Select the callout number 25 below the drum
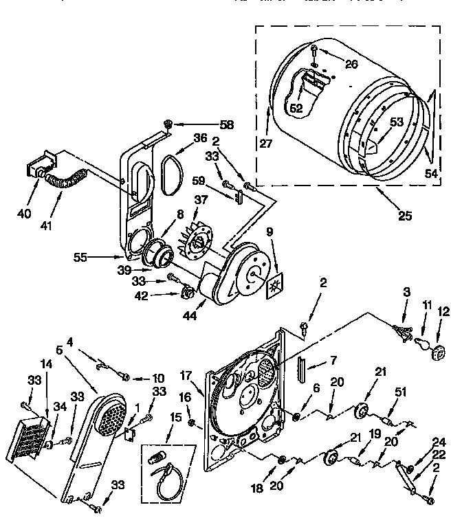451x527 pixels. click(x=405, y=216)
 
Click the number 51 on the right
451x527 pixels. click(x=401, y=392)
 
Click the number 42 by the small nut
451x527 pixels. click(x=161, y=297)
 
